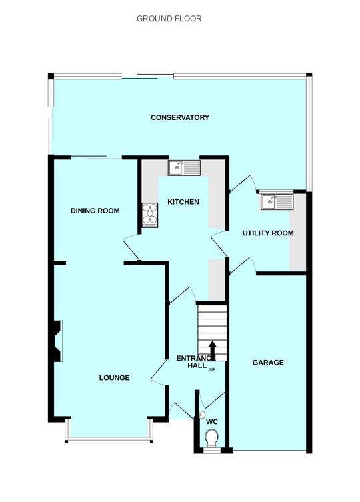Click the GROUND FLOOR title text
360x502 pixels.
(x=169, y=19)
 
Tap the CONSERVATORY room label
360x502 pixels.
(x=179, y=118)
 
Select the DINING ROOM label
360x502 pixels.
(x=95, y=211)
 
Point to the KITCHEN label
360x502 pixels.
(x=183, y=202)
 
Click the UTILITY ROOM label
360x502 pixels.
(x=267, y=233)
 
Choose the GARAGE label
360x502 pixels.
(x=267, y=363)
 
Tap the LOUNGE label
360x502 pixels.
(x=114, y=378)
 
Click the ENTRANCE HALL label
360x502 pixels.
(x=195, y=362)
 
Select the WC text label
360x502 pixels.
(x=212, y=422)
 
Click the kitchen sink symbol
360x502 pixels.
(x=184, y=167)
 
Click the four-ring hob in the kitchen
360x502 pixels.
(x=149, y=215)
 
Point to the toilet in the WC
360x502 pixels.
(x=212, y=439)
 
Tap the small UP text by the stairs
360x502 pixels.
(x=213, y=370)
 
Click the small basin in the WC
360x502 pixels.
(x=202, y=415)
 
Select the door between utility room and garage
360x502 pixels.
(x=243, y=264)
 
